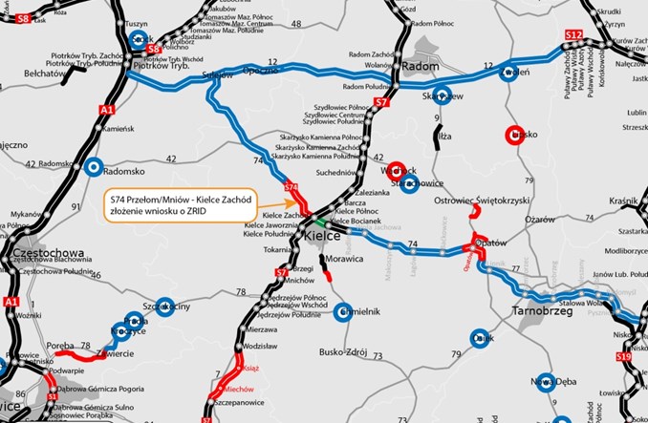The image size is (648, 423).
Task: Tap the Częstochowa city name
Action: (x=51, y=253)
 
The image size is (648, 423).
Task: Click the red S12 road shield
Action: (x=572, y=35)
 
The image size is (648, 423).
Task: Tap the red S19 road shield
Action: (x=623, y=356)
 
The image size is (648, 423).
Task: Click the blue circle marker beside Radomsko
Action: (x=93, y=167)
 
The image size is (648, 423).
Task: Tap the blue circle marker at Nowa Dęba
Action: (x=545, y=383)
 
